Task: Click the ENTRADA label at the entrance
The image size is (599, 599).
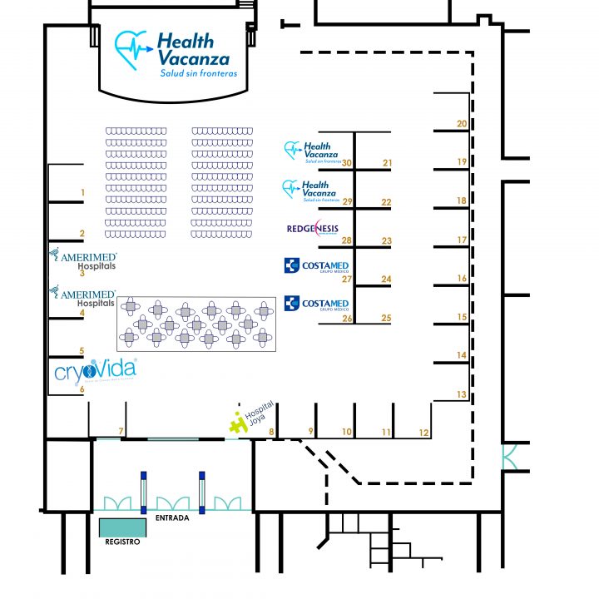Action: click(x=172, y=517)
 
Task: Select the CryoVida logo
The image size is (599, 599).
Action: click(x=95, y=370)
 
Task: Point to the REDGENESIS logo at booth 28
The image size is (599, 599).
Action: click(x=312, y=228)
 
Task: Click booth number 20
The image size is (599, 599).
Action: click(x=462, y=124)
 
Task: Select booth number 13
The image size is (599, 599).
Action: click(x=462, y=394)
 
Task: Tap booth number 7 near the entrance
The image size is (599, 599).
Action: click(x=121, y=431)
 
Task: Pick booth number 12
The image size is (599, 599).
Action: click(x=424, y=432)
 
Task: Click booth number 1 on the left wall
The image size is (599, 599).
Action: click(x=82, y=193)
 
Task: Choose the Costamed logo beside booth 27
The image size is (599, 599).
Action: click(x=316, y=265)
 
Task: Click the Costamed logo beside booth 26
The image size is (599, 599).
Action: click(x=316, y=304)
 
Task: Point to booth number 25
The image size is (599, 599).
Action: click(x=386, y=318)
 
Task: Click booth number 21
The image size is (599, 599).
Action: click(x=387, y=163)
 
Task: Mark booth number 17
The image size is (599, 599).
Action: click(x=462, y=240)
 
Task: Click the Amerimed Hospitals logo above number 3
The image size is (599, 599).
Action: click(x=83, y=260)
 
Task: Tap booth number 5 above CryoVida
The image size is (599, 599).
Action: click(x=82, y=351)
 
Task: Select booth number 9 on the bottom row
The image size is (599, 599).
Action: click(x=310, y=431)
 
